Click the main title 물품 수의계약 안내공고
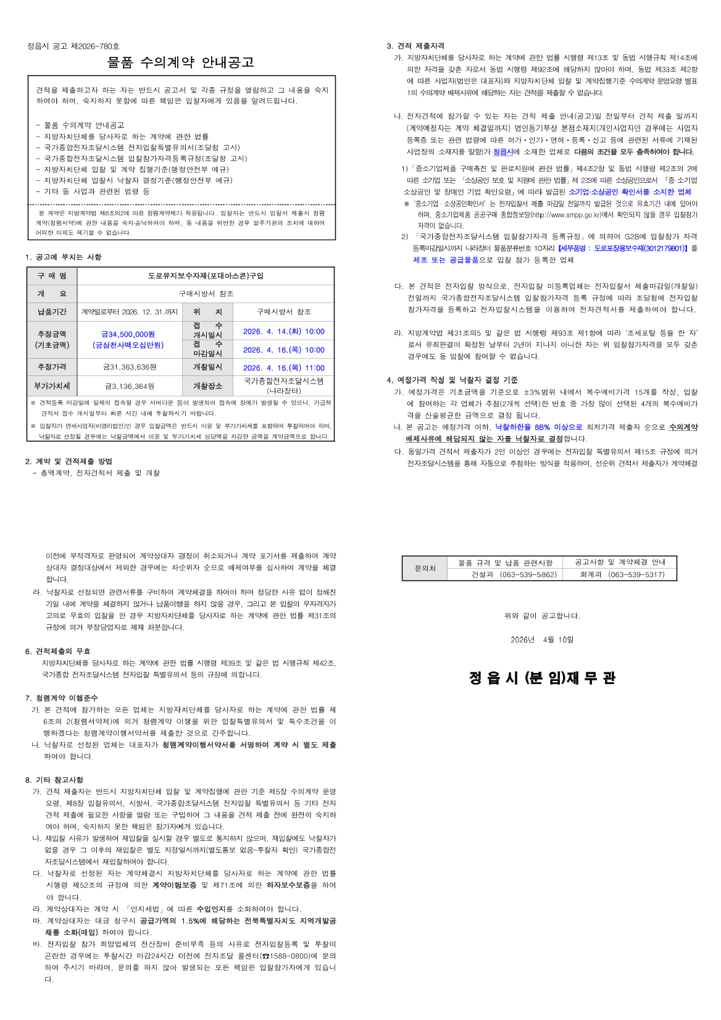[180, 62]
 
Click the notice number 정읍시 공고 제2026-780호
[73, 46]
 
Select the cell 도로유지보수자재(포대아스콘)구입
[206, 276]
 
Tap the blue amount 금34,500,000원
[128, 334]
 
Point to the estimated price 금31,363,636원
[130, 367]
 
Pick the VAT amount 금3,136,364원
[130, 387]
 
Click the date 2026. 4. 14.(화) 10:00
[283, 332]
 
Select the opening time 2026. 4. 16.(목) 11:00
[283, 368]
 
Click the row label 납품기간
[52, 312]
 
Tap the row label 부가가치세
[52, 387]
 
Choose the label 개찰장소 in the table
[207, 387]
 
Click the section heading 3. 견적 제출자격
[415, 46]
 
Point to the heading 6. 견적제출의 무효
[57, 651]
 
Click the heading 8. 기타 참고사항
[54, 780]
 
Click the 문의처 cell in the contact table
[425, 569]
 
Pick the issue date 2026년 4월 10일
[542, 640]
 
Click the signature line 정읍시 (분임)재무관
[542, 678]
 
